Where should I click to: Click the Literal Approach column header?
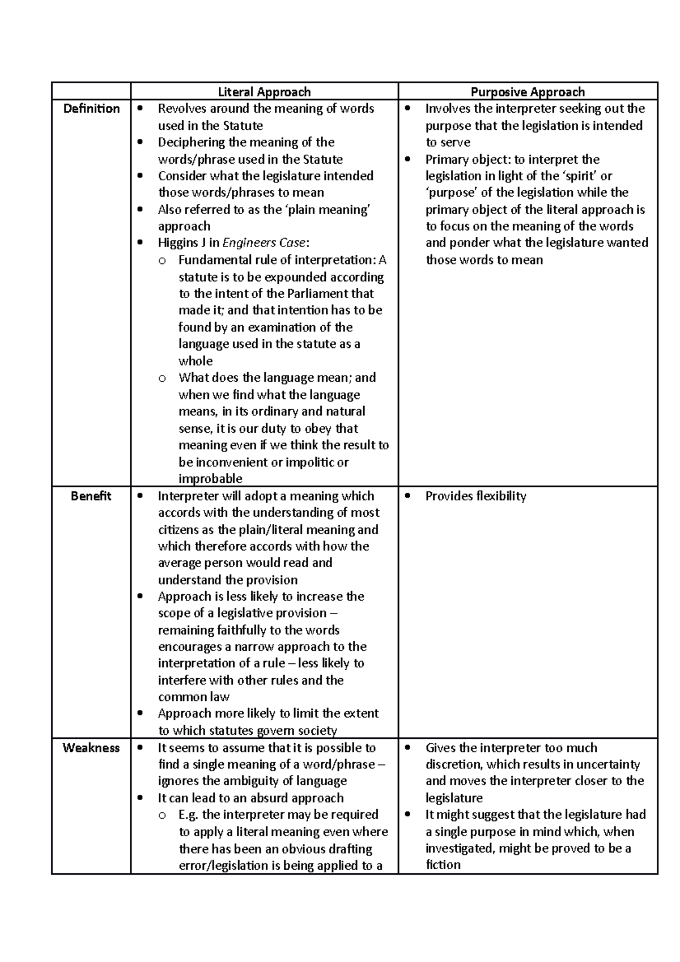coord(264,92)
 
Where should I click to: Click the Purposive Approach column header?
coord(528,92)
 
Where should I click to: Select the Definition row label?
coord(91,109)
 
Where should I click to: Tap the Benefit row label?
coord(91,496)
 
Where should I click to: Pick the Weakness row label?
coord(91,748)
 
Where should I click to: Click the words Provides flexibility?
coord(475,496)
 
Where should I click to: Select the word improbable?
coord(210,479)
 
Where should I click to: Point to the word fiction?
coord(443,865)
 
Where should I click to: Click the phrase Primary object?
coord(467,159)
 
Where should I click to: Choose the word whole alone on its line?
coord(195,361)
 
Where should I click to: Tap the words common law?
coord(194,697)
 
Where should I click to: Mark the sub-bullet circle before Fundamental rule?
coord(163,261)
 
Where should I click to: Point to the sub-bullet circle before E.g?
coord(163,815)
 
